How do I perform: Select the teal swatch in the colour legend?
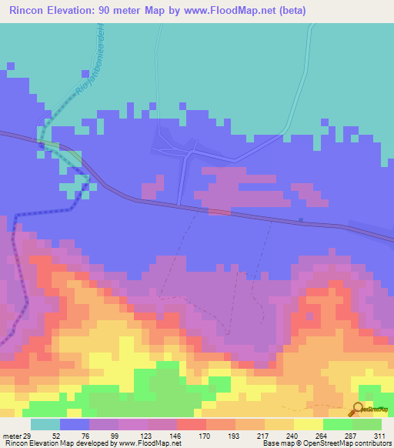pos(45,424)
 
